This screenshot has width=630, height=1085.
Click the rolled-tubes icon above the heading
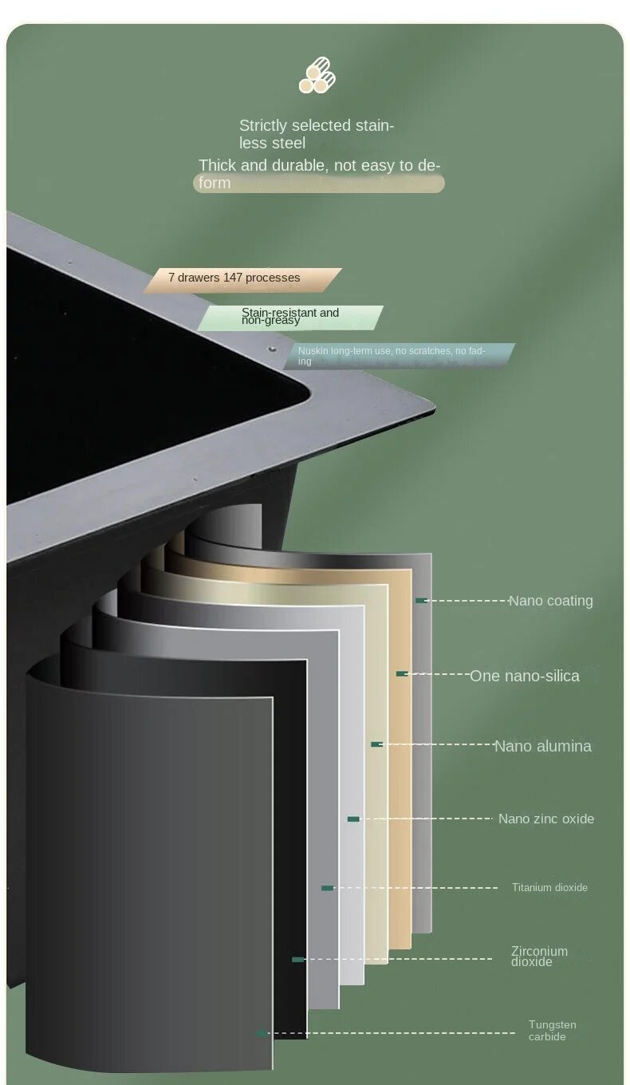tap(317, 76)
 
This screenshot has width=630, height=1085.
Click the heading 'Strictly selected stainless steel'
tap(317, 134)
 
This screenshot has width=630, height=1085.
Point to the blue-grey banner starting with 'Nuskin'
tap(399, 356)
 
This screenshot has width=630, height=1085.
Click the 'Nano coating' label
tap(551, 601)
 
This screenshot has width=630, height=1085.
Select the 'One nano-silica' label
tap(525, 676)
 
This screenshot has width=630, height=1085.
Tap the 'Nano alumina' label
tap(543, 746)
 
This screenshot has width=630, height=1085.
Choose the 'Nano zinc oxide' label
tap(546, 819)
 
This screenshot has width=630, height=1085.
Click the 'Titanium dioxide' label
tap(549, 887)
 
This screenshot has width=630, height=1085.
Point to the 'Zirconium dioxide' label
tap(540, 956)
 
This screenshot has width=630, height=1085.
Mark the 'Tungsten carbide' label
tap(552, 1031)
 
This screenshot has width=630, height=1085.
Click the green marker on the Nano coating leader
tap(421, 601)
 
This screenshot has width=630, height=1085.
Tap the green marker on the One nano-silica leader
tap(402, 674)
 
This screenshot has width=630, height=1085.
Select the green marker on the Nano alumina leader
tap(376, 744)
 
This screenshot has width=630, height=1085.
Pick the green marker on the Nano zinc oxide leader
tap(353, 819)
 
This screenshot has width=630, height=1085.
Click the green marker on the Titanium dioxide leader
tap(327, 888)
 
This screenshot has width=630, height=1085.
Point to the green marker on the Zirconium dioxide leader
tap(297, 959)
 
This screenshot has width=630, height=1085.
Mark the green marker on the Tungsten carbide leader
tap(261, 1034)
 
